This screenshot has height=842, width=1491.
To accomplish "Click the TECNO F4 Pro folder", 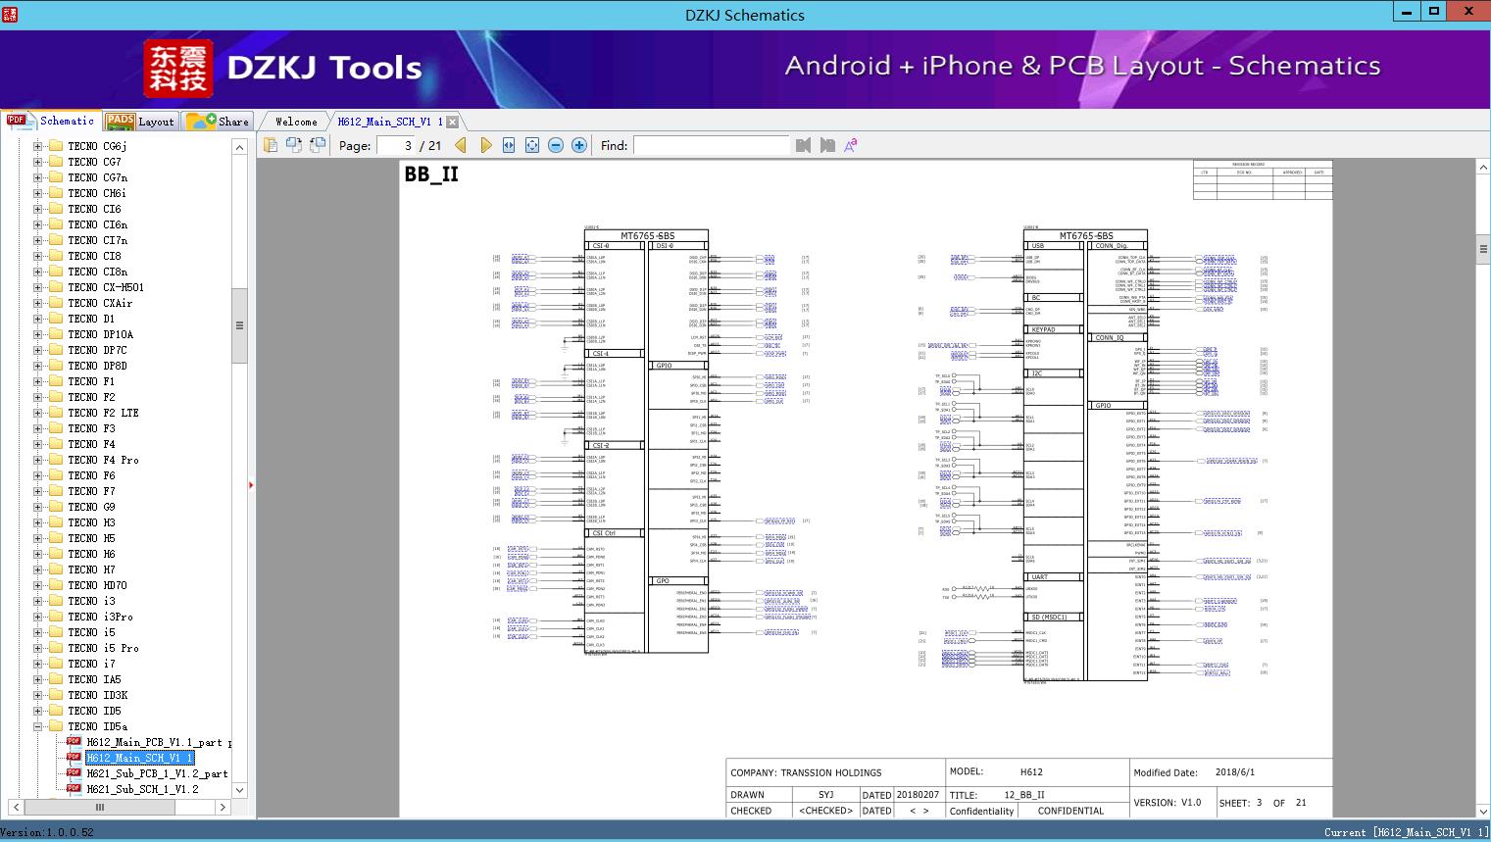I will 103,460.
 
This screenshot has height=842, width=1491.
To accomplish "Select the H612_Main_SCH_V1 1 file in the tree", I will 139,758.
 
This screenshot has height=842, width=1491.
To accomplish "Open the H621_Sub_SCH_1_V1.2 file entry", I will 142,789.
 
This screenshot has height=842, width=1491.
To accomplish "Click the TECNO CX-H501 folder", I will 106,287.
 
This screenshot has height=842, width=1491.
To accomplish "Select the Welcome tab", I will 296,122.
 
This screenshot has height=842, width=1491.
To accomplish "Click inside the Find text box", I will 711,145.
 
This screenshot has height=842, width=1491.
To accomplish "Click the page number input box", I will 395,145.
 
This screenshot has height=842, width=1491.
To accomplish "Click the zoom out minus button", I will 556,145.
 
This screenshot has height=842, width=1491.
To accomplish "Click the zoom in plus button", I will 579,145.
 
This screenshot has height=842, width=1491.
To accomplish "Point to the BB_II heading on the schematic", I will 431,174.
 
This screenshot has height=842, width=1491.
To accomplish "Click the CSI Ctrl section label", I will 604,533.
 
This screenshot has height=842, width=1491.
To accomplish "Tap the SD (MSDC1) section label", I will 1049,618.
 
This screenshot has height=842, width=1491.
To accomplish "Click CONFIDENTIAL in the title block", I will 1070,811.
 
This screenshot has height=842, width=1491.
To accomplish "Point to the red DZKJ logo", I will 178,69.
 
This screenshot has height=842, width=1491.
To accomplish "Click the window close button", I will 1468,12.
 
